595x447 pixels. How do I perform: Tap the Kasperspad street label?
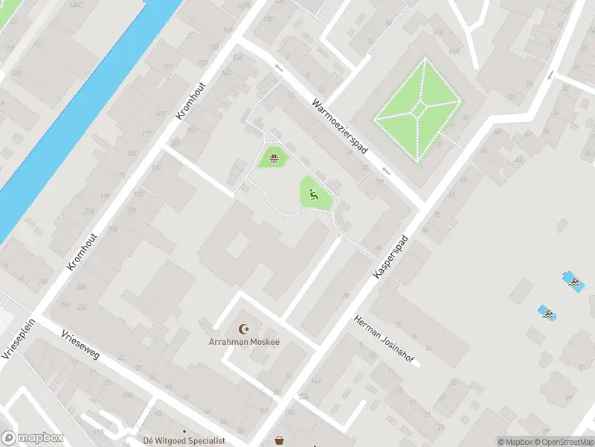click(x=391, y=253)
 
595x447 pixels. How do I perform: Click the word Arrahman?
click(x=228, y=342)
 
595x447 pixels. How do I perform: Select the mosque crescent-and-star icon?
click(x=242, y=329)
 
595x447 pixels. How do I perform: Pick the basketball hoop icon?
click(x=275, y=158)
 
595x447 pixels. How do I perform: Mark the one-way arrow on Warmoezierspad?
click(x=279, y=68)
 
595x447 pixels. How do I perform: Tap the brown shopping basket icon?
click(x=280, y=440)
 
